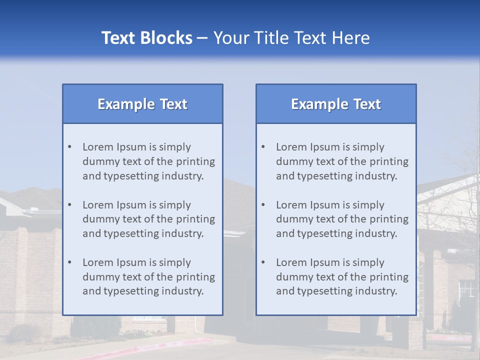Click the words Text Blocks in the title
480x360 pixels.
pyautogui.click(x=146, y=38)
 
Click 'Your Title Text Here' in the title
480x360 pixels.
pyautogui.click(x=291, y=38)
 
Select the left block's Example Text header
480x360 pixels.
pyautogui.click(x=142, y=104)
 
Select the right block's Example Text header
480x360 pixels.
pyautogui.click(x=336, y=104)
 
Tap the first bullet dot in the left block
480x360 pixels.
pyautogui.click(x=69, y=147)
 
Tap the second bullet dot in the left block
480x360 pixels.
pyautogui.click(x=69, y=205)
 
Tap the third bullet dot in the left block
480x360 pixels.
pyautogui.click(x=69, y=262)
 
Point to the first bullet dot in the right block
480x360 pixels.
pyautogui.click(x=263, y=147)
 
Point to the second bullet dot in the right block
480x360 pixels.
pyautogui.click(x=263, y=205)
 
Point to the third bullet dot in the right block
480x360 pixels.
pyautogui.click(x=263, y=262)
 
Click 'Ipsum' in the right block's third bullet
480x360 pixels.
pyautogui.click(x=324, y=262)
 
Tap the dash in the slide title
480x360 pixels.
pyautogui.click(x=202, y=38)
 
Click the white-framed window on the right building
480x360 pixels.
pyautogui.click(x=466, y=288)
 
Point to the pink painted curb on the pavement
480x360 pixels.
pyautogui.click(x=165, y=344)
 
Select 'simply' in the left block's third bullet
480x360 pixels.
pyautogui.click(x=175, y=262)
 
